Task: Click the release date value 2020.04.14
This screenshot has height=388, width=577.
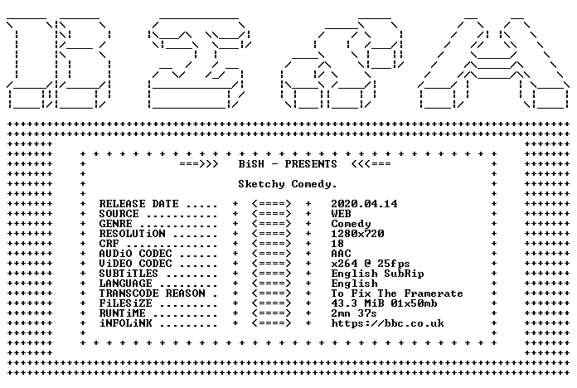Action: click(x=364, y=204)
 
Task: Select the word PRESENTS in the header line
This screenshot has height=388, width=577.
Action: click(x=311, y=164)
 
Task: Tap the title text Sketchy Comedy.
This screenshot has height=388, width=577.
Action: click(x=287, y=184)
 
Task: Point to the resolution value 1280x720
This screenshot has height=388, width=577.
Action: click(x=357, y=234)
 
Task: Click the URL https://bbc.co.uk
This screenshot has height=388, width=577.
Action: click(x=387, y=323)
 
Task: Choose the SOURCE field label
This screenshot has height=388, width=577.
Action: click(x=119, y=214)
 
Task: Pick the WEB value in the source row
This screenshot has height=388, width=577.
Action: click(x=341, y=214)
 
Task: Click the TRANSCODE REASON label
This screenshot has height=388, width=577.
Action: click(x=152, y=293)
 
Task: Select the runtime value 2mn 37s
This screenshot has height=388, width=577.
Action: click(x=354, y=313)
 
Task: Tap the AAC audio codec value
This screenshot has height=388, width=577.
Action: click(x=341, y=253)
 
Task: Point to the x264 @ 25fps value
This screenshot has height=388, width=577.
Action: click(x=371, y=263)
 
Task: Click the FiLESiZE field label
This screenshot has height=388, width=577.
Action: click(x=125, y=303)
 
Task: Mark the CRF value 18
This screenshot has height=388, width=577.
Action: click(x=337, y=243)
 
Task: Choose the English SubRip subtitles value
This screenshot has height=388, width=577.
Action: click(x=377, y=273)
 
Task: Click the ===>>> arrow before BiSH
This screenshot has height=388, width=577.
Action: click(x=199, y=164)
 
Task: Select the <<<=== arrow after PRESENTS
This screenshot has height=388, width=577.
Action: click(x=371, y=164)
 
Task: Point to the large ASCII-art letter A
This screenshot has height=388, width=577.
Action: click(x=494, y=62)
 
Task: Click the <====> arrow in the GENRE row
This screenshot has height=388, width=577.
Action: click(x=272, y=224)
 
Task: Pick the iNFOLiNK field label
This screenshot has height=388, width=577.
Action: click(x=125, y=323)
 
